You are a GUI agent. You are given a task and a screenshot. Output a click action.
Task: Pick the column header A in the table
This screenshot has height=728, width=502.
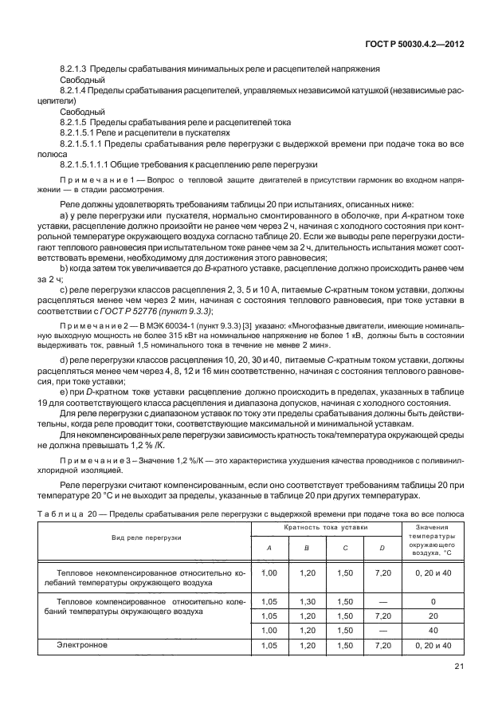point(269,548)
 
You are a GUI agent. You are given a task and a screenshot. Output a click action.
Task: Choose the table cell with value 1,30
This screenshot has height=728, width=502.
point(307,603)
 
